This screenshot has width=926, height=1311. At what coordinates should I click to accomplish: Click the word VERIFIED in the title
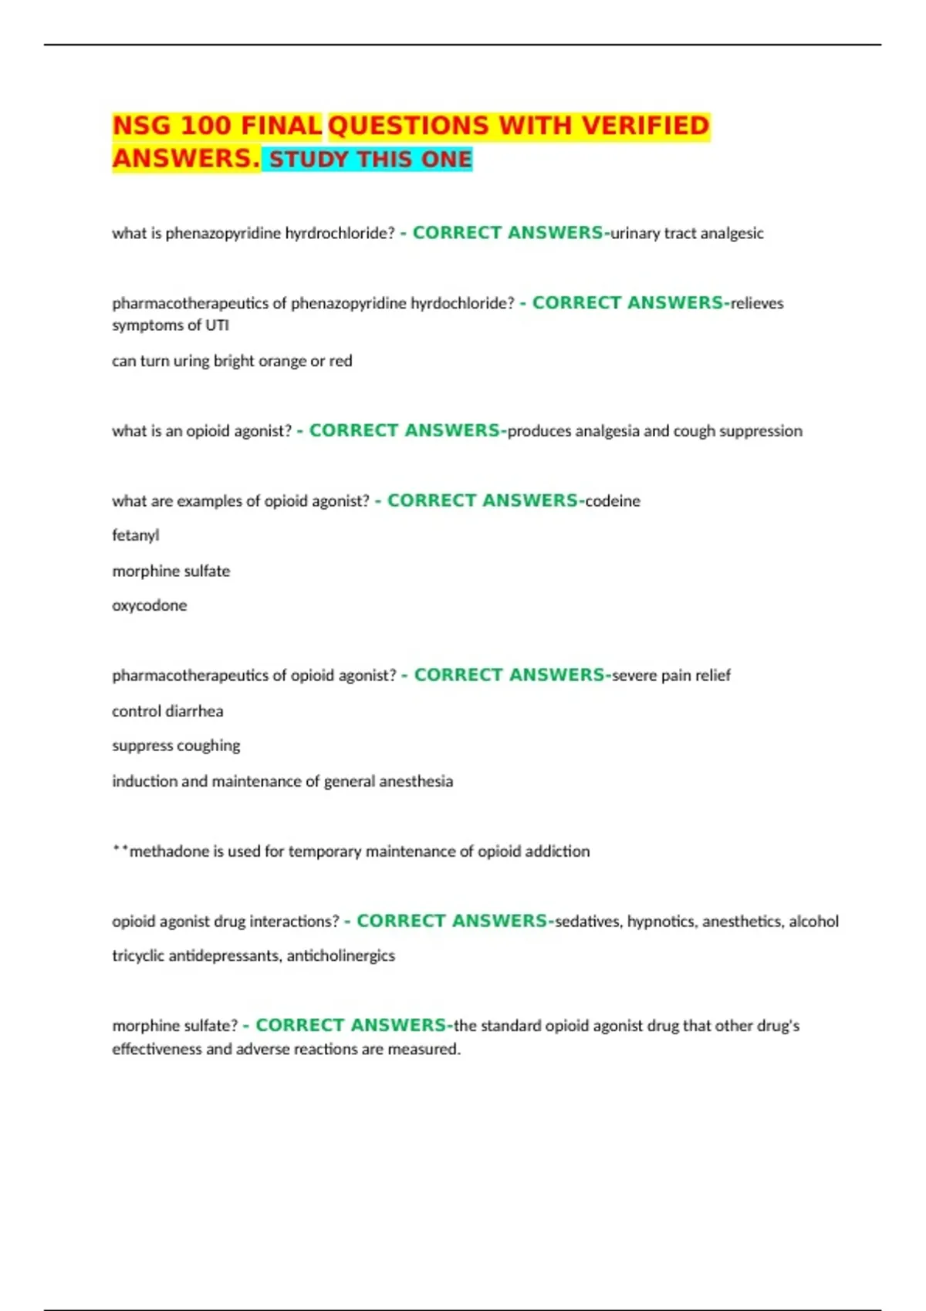point(645,126)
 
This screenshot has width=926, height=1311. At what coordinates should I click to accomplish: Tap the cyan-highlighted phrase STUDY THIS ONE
point(370,160)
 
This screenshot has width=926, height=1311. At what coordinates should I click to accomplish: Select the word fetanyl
point(136,535)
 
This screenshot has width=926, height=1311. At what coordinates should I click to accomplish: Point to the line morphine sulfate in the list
point(171,571)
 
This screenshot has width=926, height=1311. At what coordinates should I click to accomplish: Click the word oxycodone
point(150,605)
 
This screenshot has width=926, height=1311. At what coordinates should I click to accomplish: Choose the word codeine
point(613,501)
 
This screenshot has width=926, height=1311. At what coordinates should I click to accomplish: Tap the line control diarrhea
point(167,711)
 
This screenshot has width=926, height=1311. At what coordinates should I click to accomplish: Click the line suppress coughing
point(176,746)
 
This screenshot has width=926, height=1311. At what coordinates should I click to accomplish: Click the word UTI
point(217,325)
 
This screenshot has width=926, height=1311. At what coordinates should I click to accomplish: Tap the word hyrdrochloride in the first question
point(340,234)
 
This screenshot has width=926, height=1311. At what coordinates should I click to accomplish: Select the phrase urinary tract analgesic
point(687,234)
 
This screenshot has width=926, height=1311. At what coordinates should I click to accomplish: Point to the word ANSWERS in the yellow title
point(185,159)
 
